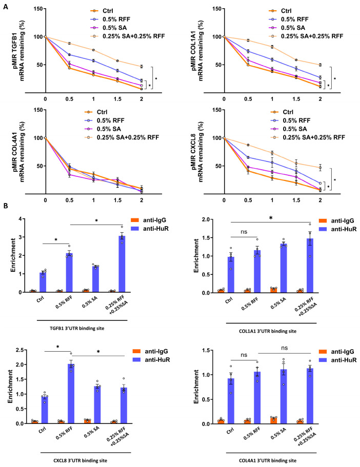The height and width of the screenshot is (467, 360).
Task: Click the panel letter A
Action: [x=6, y=7]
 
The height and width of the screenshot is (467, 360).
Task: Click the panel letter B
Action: [x=6, y=206]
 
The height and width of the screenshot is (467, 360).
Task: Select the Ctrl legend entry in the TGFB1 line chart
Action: [x=102, y=11]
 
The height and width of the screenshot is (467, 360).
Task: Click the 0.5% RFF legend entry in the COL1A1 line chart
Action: [x=289, y=19]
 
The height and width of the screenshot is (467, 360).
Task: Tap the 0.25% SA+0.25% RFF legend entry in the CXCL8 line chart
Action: [x=308, y=137]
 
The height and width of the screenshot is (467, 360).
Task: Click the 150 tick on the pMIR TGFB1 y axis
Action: [x=38, y=9]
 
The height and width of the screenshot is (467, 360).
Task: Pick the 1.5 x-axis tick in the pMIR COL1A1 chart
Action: [x=296, y=99]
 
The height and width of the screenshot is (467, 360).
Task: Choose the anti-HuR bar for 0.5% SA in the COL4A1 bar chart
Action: [x=284, y=396]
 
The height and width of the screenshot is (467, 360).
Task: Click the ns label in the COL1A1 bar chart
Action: [x=244, y=232]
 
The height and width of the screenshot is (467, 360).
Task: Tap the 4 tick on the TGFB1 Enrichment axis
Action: [x=21, y=219]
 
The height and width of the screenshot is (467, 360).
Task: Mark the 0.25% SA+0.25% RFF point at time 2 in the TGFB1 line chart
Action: [x=142, y=67]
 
